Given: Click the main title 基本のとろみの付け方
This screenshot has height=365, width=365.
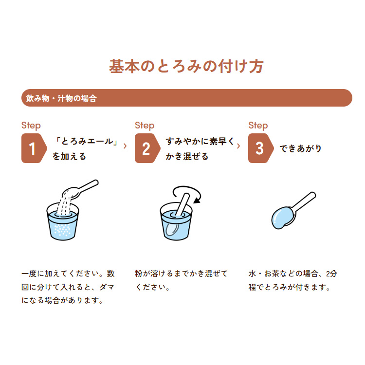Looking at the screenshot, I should coord(186,67).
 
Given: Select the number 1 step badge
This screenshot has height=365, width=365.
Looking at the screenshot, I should coord(33,148).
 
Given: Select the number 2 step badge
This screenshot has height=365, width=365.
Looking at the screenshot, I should coord(146,148).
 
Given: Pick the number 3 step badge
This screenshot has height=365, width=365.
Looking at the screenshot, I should coord(260,148).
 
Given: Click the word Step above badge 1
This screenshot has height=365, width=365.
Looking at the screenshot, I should coord(31,126).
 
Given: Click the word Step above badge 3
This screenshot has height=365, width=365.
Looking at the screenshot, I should coord(258,126).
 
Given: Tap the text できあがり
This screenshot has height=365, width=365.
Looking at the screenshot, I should coord(301,148).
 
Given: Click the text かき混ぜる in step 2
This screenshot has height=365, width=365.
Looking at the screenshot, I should coord(187,156).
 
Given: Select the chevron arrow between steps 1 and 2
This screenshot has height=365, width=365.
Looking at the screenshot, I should coord(126,146).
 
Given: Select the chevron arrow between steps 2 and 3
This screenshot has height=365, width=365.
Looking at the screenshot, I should coord(238,146).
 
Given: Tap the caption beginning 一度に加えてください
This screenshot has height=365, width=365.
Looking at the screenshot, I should coord(68,287).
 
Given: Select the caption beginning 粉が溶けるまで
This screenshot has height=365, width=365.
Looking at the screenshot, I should coord(181,280).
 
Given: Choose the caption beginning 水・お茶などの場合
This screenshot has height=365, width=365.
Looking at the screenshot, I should coord(293,280).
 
